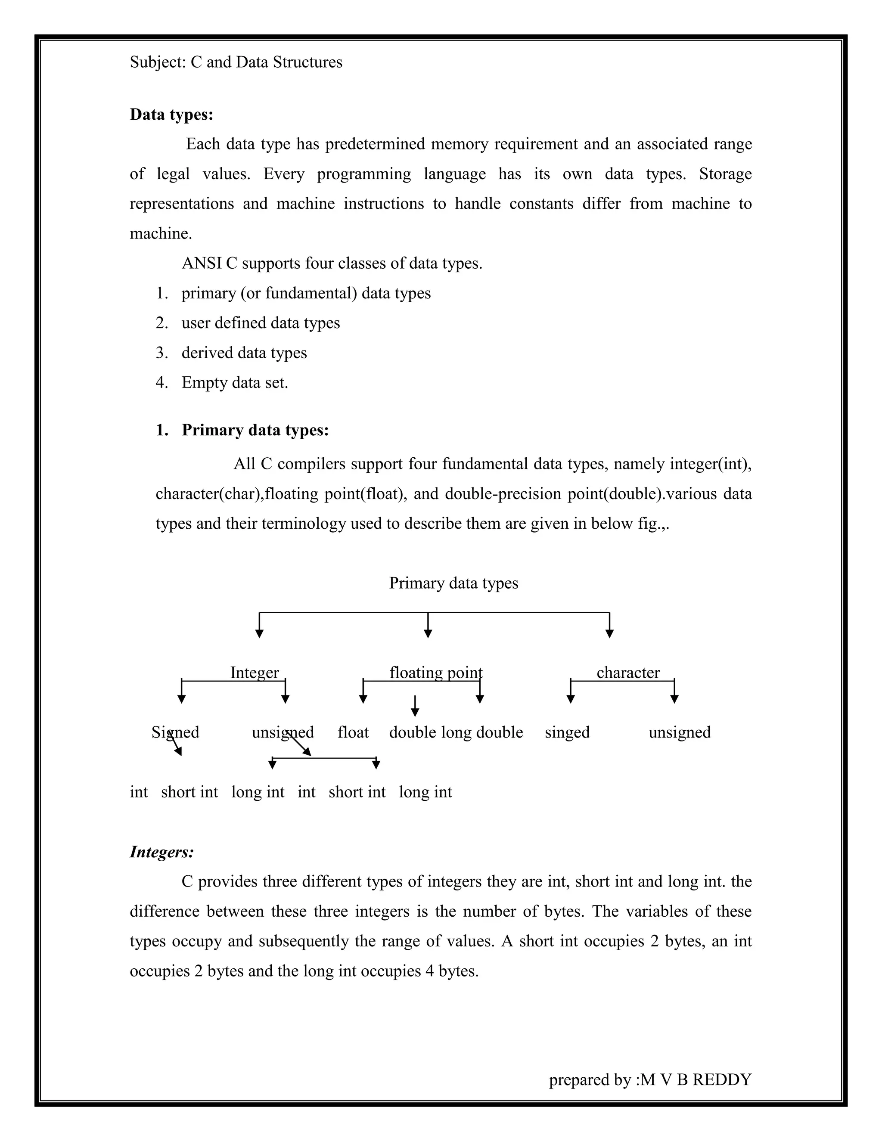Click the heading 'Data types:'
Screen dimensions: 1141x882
pos(171,115)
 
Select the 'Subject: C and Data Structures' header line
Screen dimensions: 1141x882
pos(236,62)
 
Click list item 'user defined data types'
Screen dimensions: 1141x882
pos(260,323)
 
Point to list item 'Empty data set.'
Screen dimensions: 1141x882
pos(235,382)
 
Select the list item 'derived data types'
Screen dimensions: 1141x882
pos(244,353)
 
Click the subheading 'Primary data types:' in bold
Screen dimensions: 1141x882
pos(255,430)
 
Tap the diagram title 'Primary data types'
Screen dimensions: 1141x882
pos(453,583)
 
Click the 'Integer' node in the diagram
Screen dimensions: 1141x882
pos(255,673)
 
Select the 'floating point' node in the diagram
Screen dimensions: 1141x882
pos(435,673)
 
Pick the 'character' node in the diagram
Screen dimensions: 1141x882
pos(627,673)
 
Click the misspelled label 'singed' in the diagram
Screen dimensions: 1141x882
pos(567,732)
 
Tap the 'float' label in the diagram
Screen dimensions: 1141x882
pos(353,732)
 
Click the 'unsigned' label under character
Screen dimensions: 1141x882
pos(679,732)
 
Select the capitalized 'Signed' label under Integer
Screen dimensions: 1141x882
pos(175,732)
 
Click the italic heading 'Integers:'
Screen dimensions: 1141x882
pos(161,852)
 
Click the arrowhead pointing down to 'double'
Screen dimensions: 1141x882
pos(415,713)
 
